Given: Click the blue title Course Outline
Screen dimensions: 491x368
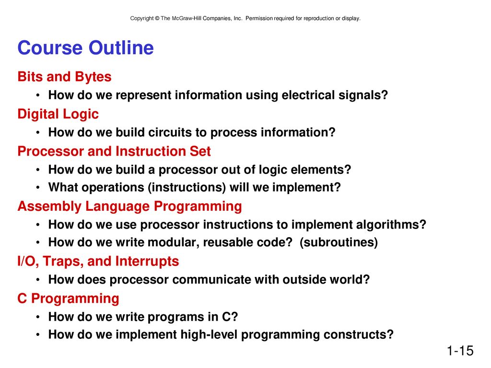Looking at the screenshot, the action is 85,47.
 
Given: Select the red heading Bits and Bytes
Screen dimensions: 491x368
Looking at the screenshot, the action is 65,77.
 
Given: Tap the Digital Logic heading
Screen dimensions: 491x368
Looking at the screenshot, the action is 58,114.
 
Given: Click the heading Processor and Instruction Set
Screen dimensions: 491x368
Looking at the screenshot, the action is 114,151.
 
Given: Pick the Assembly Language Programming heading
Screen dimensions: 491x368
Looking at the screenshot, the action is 129,207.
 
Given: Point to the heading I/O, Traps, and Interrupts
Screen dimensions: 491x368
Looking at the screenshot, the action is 98,261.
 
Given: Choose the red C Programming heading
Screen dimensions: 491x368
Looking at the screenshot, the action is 68,299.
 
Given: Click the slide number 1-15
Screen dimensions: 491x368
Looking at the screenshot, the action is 460,350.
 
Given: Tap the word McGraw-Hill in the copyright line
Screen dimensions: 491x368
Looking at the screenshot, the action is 187,19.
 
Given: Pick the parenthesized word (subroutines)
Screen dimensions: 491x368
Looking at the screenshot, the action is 339,242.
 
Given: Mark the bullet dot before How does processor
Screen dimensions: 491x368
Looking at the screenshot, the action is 37,280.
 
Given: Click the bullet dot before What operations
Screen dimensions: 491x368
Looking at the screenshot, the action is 37,188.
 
